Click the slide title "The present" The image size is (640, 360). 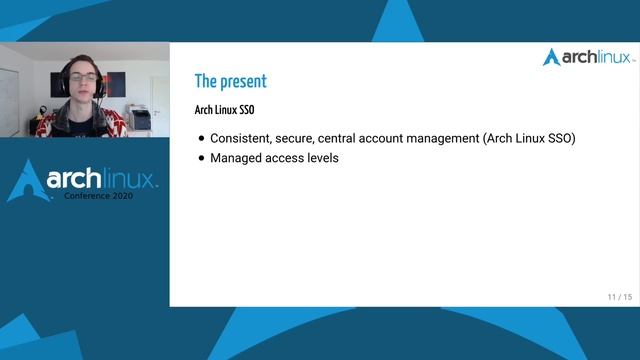[230, 81]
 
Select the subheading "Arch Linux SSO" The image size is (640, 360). [224, 109]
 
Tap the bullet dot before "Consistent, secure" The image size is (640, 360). [201, 139]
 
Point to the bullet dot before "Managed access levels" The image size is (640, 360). [201, 158]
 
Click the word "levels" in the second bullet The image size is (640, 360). [321, 158]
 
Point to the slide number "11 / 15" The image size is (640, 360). [619, 297]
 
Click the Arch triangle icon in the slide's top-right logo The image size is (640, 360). [551, 57]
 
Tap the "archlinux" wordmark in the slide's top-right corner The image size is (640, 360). [595, 57]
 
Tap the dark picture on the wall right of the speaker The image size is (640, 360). [116, 84]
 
